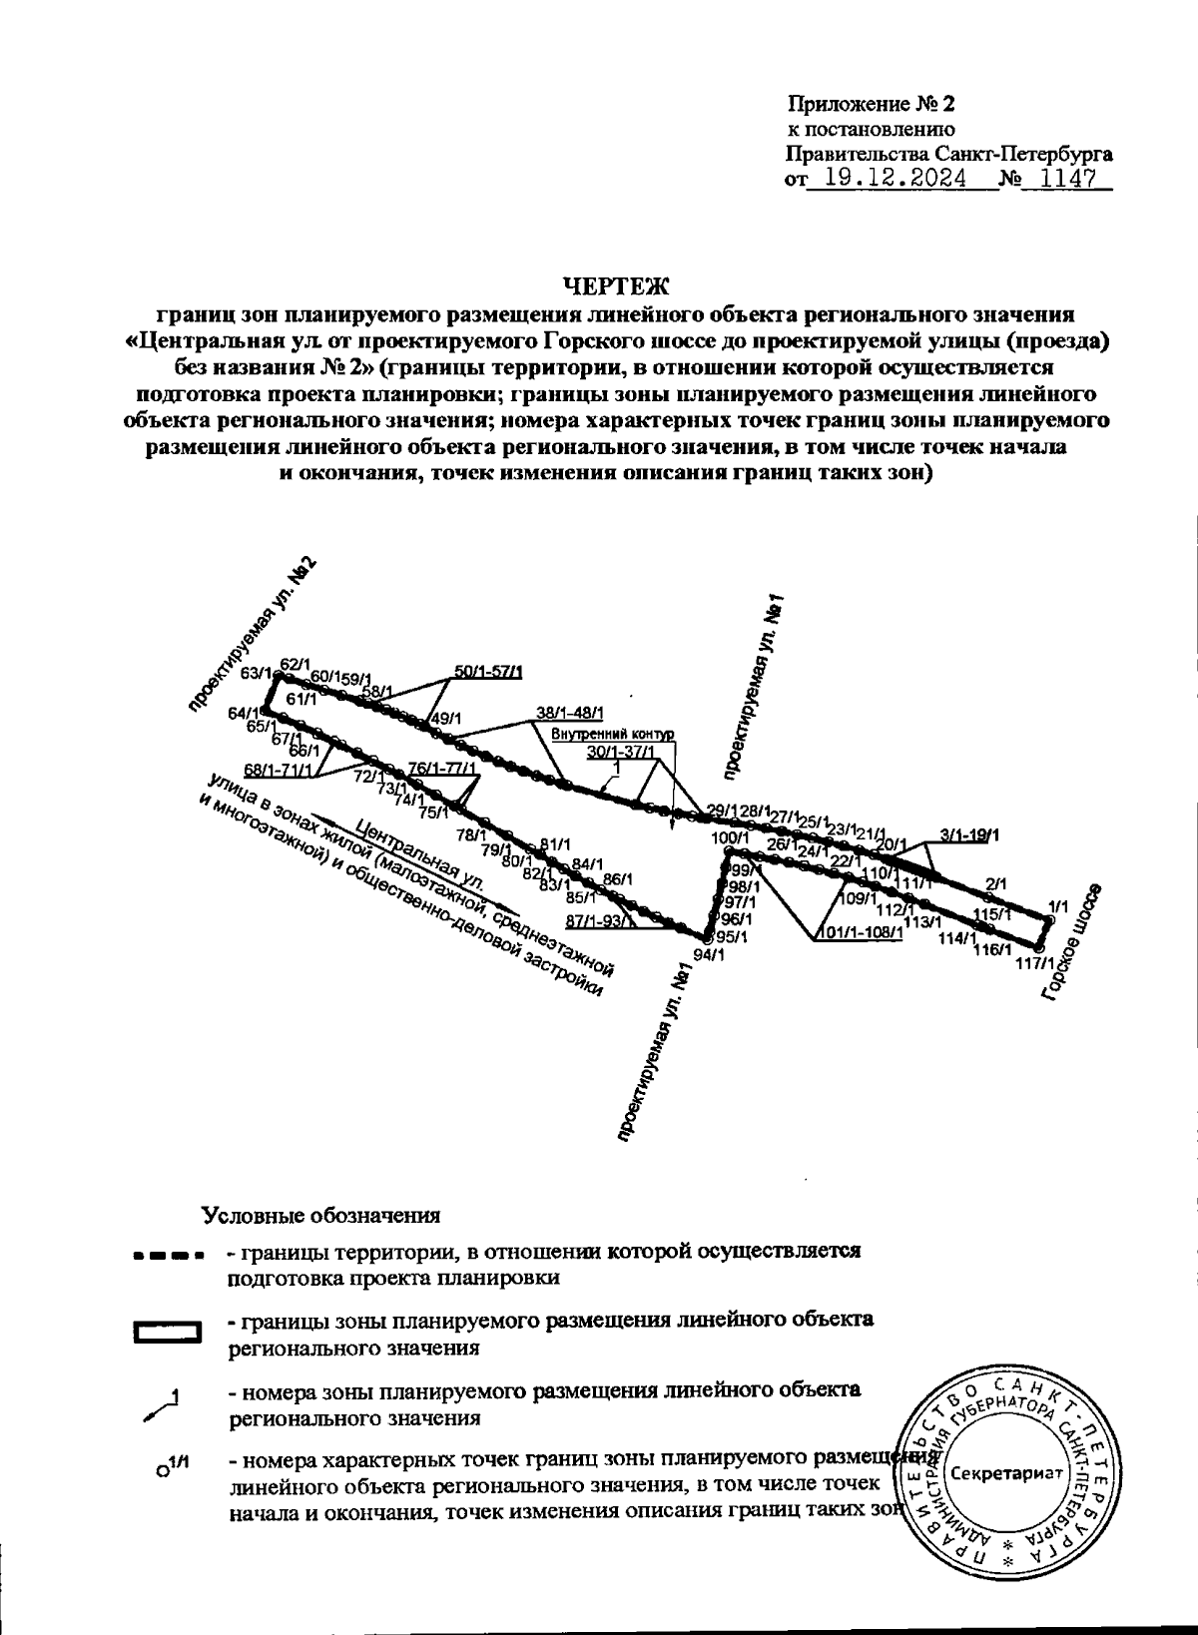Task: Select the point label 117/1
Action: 1033,964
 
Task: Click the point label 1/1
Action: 1057,906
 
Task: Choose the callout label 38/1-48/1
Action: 569,714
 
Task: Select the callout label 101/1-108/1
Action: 860,933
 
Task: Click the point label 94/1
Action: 708,954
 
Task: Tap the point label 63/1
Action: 257,673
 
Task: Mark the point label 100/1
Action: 730,839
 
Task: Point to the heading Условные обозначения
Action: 320,1216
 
